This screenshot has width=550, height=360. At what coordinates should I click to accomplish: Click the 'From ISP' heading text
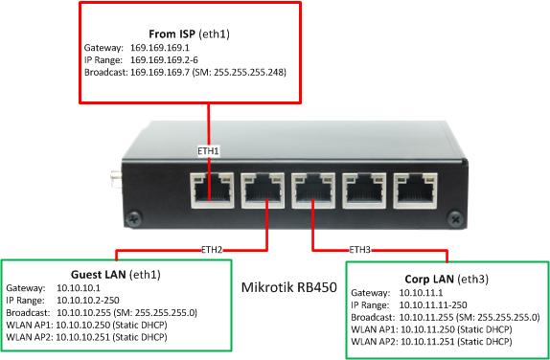click(x=171, y=34)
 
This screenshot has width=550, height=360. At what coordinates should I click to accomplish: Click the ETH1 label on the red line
click(x=208, y=151)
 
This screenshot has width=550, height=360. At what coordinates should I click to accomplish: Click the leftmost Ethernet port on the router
click(x=211, y=190)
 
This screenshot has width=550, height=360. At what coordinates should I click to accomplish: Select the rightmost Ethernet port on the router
click(x=415, y=190)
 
